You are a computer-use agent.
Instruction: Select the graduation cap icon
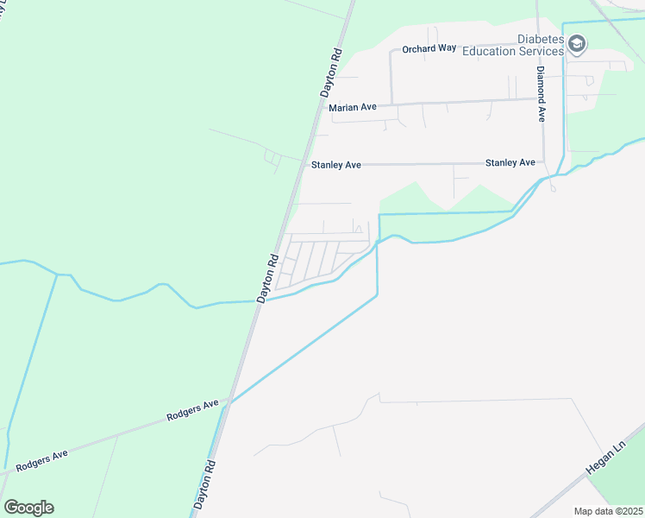tap(577, 43)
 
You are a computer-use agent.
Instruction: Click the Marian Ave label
tap(353, 107)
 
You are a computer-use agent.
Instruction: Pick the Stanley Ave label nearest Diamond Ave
tap(510, 162)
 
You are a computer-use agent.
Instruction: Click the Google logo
tap(28, 508)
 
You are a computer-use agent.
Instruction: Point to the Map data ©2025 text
tap(608, 511)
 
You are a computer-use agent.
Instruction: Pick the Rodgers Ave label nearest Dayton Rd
tap(193, 412)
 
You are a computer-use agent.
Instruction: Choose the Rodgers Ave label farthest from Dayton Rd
tap(41, 458)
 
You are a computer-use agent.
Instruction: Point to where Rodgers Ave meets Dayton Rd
tap(226, 401)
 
